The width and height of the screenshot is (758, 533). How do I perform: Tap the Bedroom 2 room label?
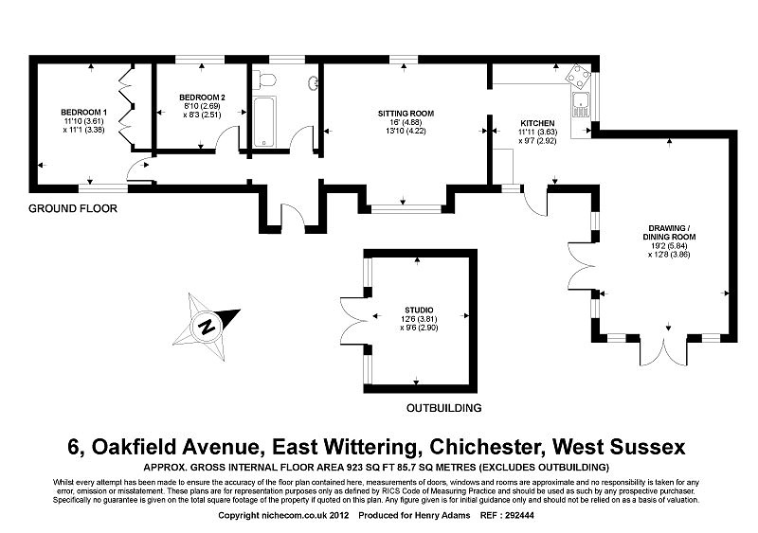pyautogui.click(x=202, y=98)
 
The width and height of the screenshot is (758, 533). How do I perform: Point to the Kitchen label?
pyautogui.click(x=536, y=123)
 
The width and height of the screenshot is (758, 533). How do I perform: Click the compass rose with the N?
pyautogui.click(x=207, y=326)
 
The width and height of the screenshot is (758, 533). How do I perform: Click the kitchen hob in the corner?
pyautogui.click(x=575, y=77)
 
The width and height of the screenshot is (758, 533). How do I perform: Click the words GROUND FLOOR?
pyautogui.click(x=73, y=208)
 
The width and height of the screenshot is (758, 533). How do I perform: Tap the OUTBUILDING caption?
pyautogui.click(x=443, y=408)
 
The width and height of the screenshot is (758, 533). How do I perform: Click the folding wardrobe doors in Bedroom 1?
pyautogui.click(x=123, y=106)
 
